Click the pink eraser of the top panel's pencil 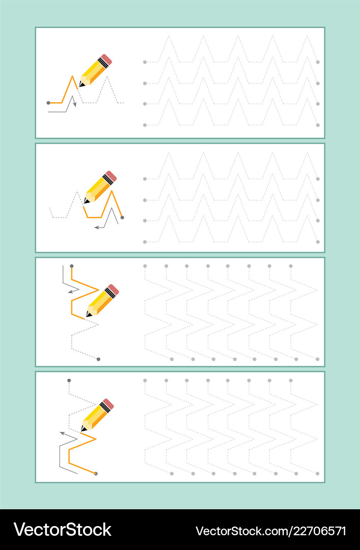point(106,59)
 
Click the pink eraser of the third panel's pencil point(114,290)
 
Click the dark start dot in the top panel point(48,103)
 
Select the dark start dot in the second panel point(122,217)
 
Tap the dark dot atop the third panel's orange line point(71,266)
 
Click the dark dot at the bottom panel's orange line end point(96,474)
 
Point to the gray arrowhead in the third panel point(70,292)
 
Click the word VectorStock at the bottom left point(62,530)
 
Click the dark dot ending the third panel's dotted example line point(98,359)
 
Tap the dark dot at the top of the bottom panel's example point(69,380)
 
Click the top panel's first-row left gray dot point(145,62)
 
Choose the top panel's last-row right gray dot point(318,125)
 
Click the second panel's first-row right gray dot point(318,179)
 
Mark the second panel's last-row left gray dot point(145,241)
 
